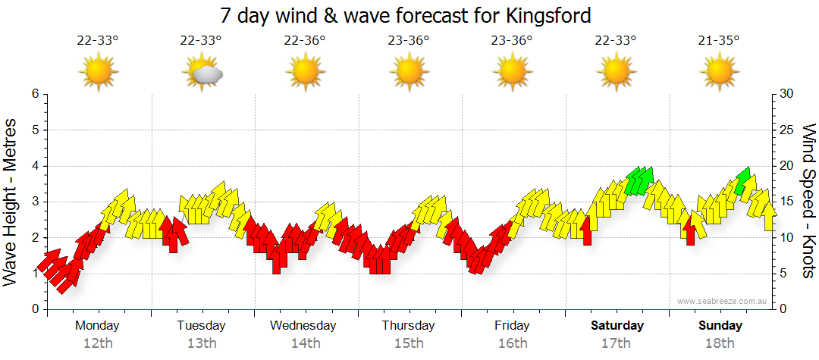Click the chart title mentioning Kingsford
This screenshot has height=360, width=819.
(x=405, y=14)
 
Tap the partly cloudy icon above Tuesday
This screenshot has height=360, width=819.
(x=202, y=72)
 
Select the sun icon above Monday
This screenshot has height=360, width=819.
(x=98, y=72)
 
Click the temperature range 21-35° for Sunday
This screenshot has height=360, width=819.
(x=718, y=41)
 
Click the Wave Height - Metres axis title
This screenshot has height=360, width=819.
(x=11, y=202)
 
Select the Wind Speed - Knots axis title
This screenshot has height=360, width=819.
(x=808, y=202)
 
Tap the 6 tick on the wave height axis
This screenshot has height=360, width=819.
(x=35, y=94)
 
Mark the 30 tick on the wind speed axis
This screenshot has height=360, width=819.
(x=787, y=94)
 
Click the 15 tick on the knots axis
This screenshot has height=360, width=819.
(x=787, y=202)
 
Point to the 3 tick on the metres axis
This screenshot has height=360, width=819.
(x=35, y=202)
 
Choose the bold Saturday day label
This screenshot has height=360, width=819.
(x=617, y=326)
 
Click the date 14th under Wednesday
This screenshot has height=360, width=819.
(x=305, y=343)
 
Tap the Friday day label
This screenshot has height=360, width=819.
(x=512, y=326)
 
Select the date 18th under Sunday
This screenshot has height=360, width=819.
(x=720, y=343)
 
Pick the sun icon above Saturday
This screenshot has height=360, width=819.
(x=616, y=72)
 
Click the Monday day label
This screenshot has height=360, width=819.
(x=97, y=326)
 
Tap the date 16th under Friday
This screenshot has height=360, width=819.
(x=513, y=343)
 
